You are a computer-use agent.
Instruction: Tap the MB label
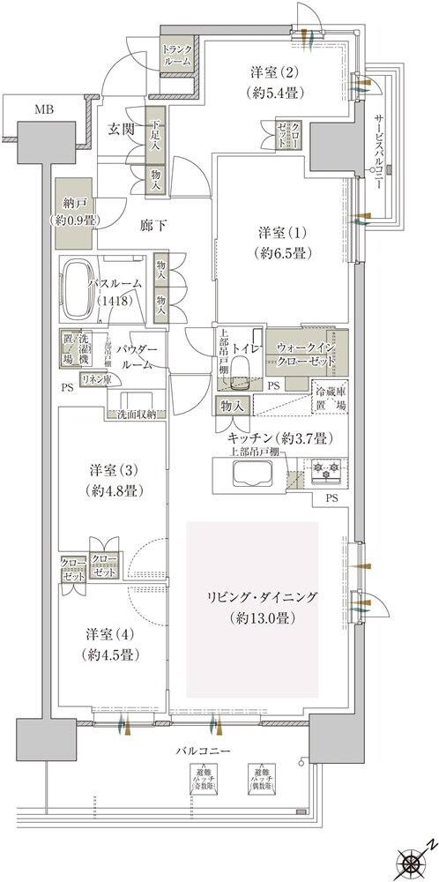(43, 109)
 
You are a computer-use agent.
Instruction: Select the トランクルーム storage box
(177, 56)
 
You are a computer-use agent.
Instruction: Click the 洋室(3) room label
(111, 479)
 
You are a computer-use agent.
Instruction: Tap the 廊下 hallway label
(153, 226)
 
